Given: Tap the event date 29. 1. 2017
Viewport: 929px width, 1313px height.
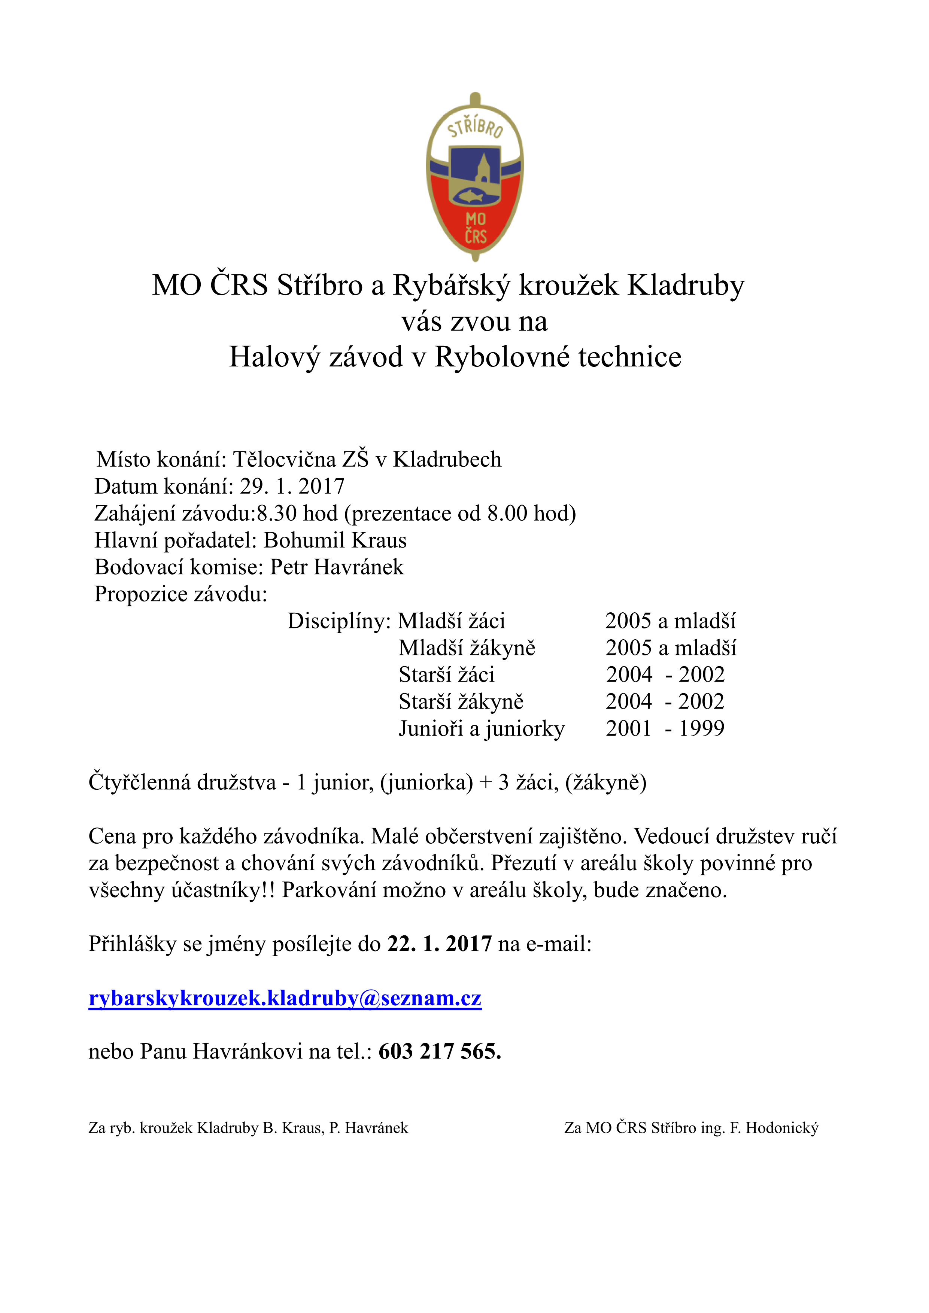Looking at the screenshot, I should [292, 486].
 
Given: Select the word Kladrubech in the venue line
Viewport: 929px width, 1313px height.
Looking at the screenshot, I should [447, 459].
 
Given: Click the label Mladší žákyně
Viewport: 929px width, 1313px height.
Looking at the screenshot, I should [467, 648].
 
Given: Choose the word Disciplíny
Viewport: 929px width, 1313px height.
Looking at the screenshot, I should [338, 621].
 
